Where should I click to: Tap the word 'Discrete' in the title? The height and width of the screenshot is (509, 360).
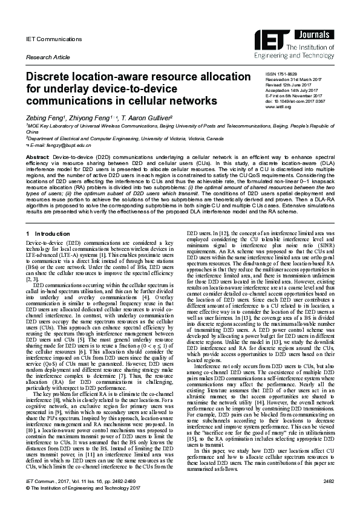51,77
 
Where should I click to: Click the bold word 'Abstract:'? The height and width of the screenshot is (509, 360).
37,156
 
